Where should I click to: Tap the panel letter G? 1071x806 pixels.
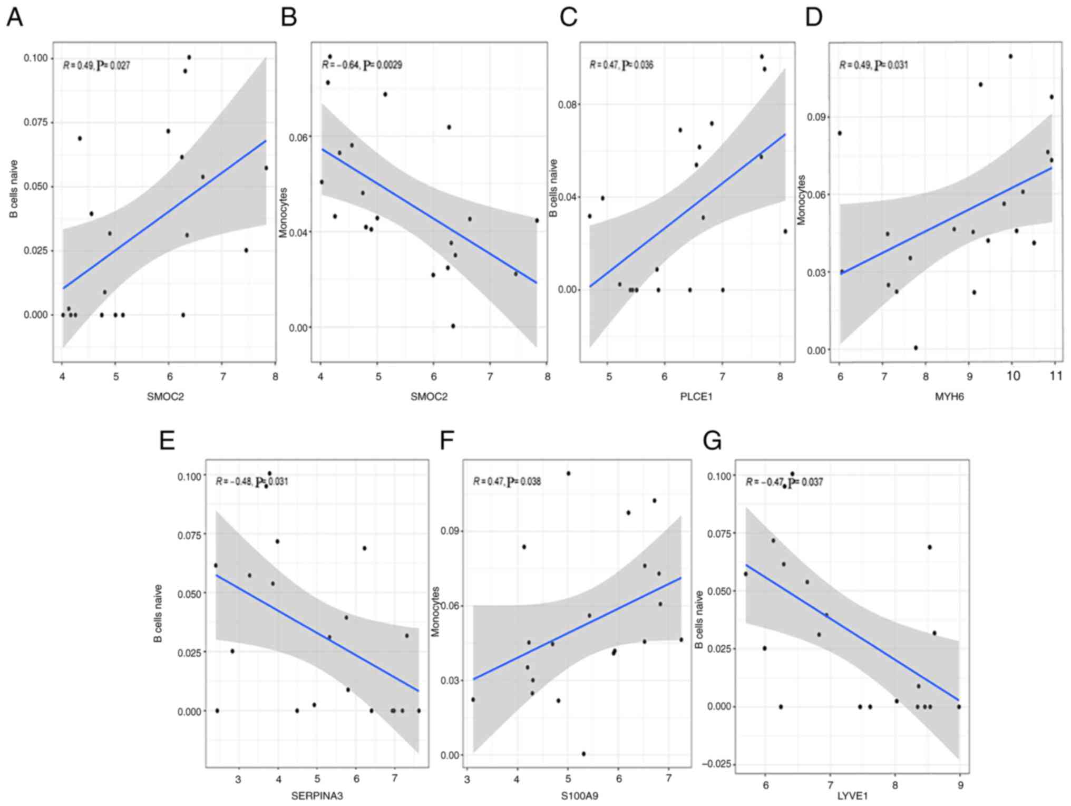pos(712,441)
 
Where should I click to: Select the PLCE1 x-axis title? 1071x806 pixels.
pos(696,396)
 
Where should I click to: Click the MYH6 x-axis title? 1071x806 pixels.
pos(949,396)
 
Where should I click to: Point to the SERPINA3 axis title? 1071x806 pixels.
pos(317,795)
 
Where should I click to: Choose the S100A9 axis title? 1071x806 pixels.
pos(578,795)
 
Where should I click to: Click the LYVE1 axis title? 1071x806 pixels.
pos(852,795)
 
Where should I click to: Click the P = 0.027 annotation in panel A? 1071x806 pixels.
pos(113,66)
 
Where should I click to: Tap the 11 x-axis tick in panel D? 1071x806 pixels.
pos(1055,376)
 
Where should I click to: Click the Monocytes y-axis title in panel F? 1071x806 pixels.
pos(436,611)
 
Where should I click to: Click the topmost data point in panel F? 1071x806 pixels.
pos(568,473)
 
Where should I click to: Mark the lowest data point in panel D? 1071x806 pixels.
pos(916,347)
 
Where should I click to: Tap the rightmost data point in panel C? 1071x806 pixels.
pos(785,231)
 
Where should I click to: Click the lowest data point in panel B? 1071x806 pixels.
pos(453,326)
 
